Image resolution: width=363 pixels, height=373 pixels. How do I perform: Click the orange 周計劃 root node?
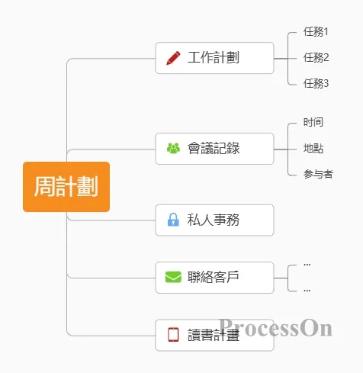66,187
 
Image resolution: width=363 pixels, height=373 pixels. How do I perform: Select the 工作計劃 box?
214,58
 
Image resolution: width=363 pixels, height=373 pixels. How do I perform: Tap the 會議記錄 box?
214,149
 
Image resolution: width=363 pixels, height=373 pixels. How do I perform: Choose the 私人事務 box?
214,220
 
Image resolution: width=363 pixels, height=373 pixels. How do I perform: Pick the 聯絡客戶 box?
214,278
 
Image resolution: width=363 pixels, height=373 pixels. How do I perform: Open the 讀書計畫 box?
214,335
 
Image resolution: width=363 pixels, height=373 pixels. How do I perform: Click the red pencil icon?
173,58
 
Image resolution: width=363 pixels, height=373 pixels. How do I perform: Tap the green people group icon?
173,148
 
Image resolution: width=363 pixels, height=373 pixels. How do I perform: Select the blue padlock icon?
173,220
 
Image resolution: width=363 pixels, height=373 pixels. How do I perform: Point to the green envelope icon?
173,277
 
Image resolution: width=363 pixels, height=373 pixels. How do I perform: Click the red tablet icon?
173,335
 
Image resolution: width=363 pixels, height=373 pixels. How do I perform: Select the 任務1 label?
316,32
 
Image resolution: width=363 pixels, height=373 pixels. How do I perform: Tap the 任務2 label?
316,58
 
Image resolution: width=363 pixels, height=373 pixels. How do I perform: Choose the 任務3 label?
316,83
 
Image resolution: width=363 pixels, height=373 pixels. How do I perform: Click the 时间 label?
313,122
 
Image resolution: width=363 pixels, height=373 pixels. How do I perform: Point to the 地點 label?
313,148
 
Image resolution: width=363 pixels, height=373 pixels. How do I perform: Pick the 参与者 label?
318,174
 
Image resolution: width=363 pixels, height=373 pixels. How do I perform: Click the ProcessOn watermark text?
276,327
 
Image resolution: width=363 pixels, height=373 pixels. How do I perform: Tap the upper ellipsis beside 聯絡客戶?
307,265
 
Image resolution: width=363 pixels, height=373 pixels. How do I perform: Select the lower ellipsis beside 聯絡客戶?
307,291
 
